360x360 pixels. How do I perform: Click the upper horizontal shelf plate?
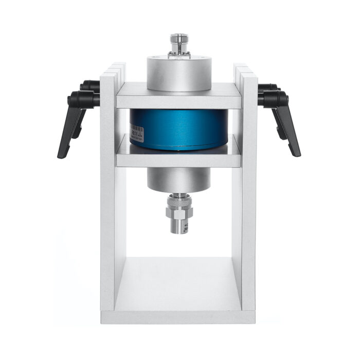[178, 98]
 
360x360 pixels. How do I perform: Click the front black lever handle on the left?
[70, 129]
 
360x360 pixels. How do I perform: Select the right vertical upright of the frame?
[249, 206]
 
